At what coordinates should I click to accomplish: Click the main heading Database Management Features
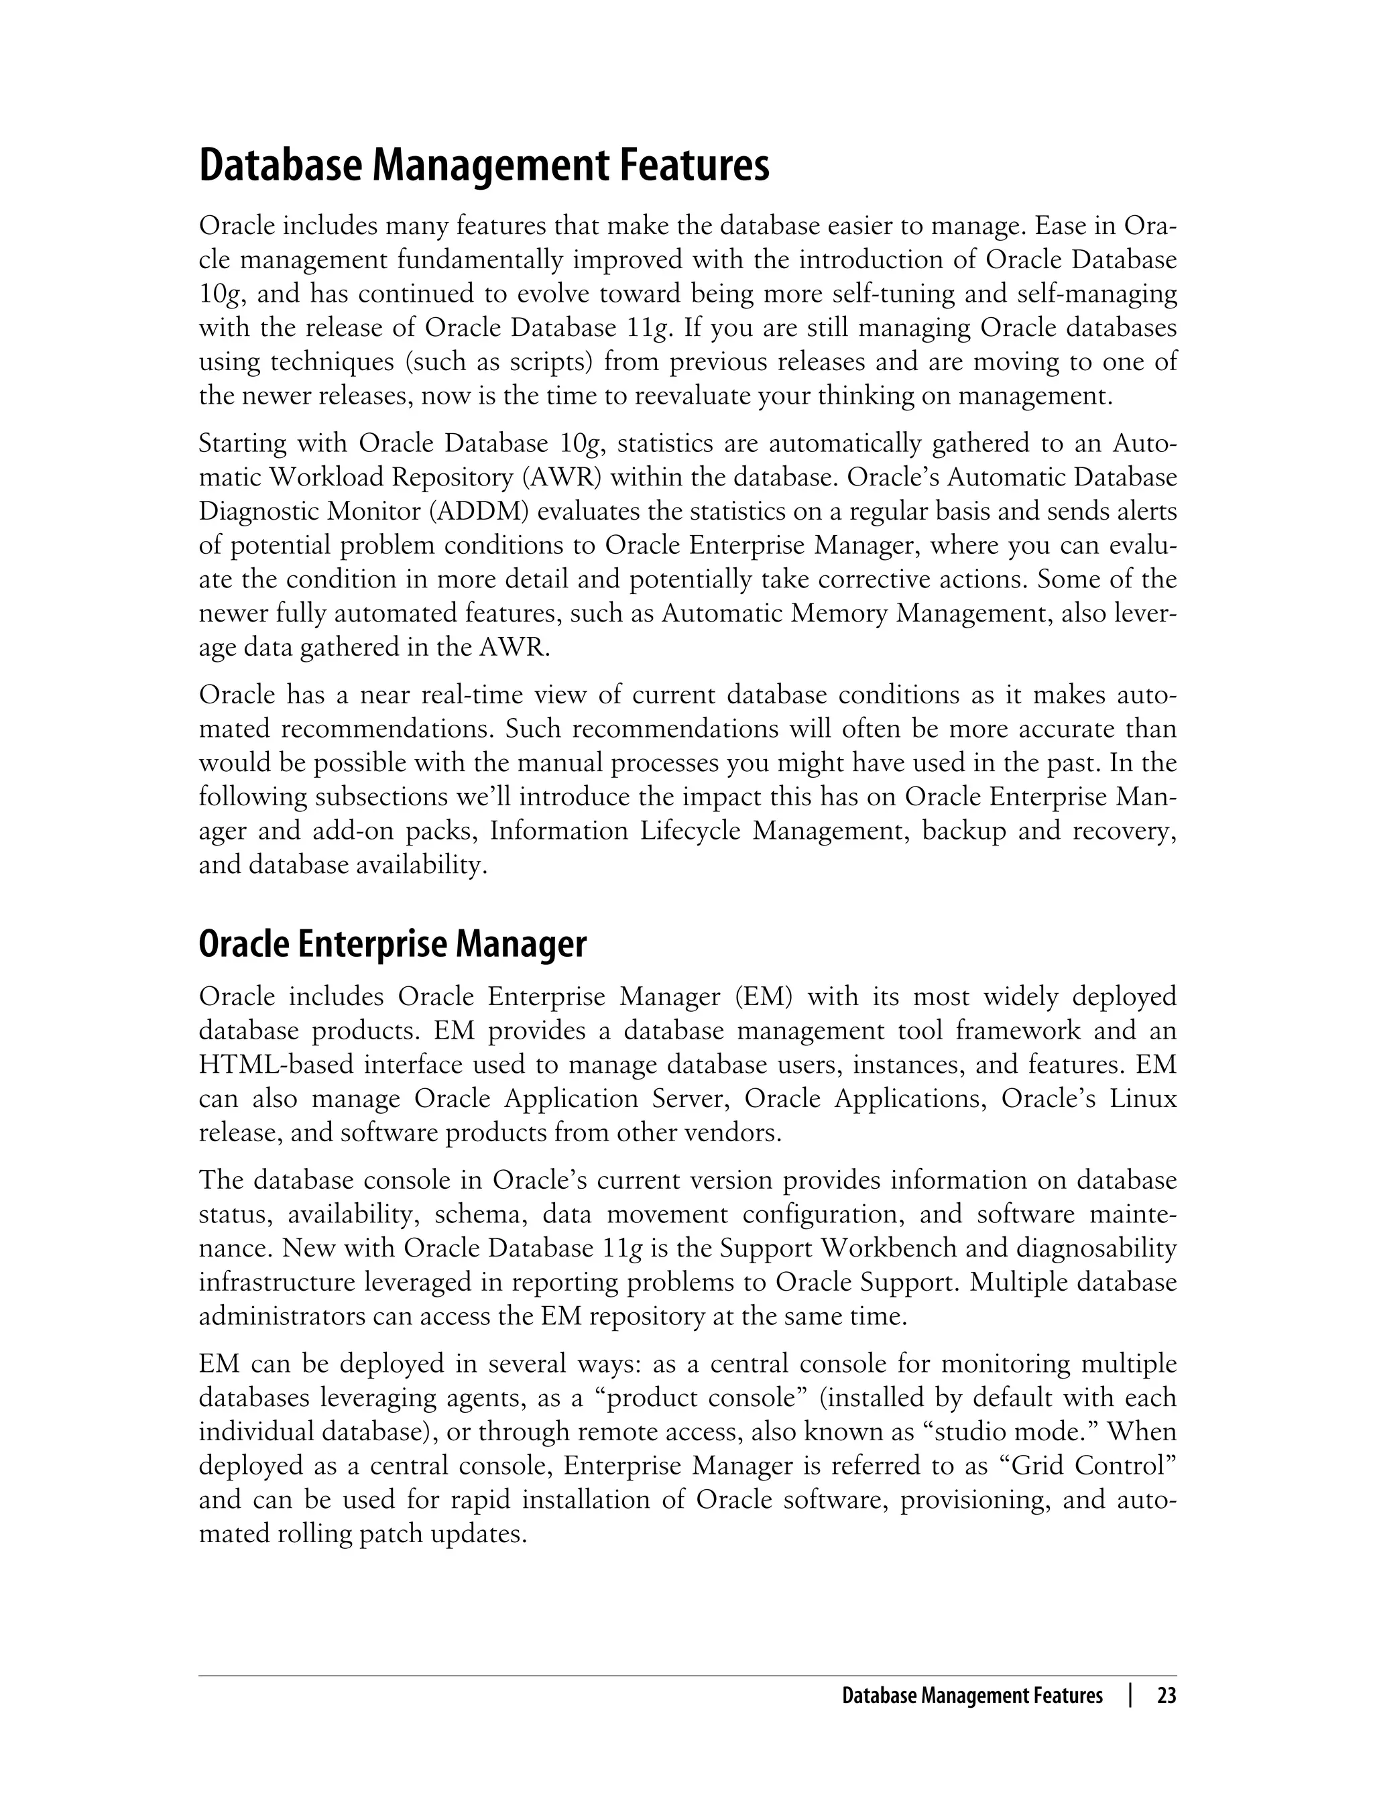pyautogui.click(x=484, y=166)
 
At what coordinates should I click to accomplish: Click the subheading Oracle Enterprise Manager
pyautogui.click(x=392, y=945)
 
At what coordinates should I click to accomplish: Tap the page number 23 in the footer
pyautogui.click(x=1167, y=1696)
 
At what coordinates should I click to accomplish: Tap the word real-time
pyautogui.click(x=470, y=695)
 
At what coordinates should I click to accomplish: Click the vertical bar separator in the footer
pyautogui.click(x=1130, y=1696)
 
